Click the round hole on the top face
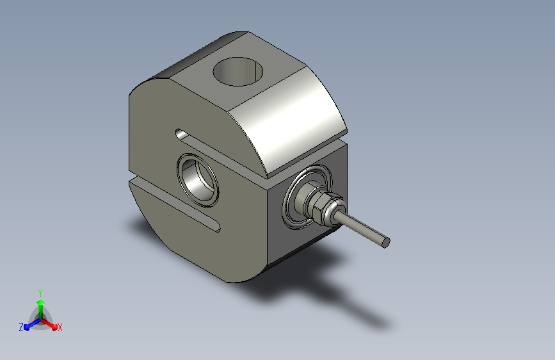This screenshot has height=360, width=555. [x=238, y=72]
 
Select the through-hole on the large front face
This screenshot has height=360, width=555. [x=198, y=181]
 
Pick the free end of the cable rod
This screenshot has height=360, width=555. [x=385, y=242]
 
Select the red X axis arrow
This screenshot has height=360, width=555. [x=49, y=324]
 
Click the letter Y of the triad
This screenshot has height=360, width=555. [x=40, y=293]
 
